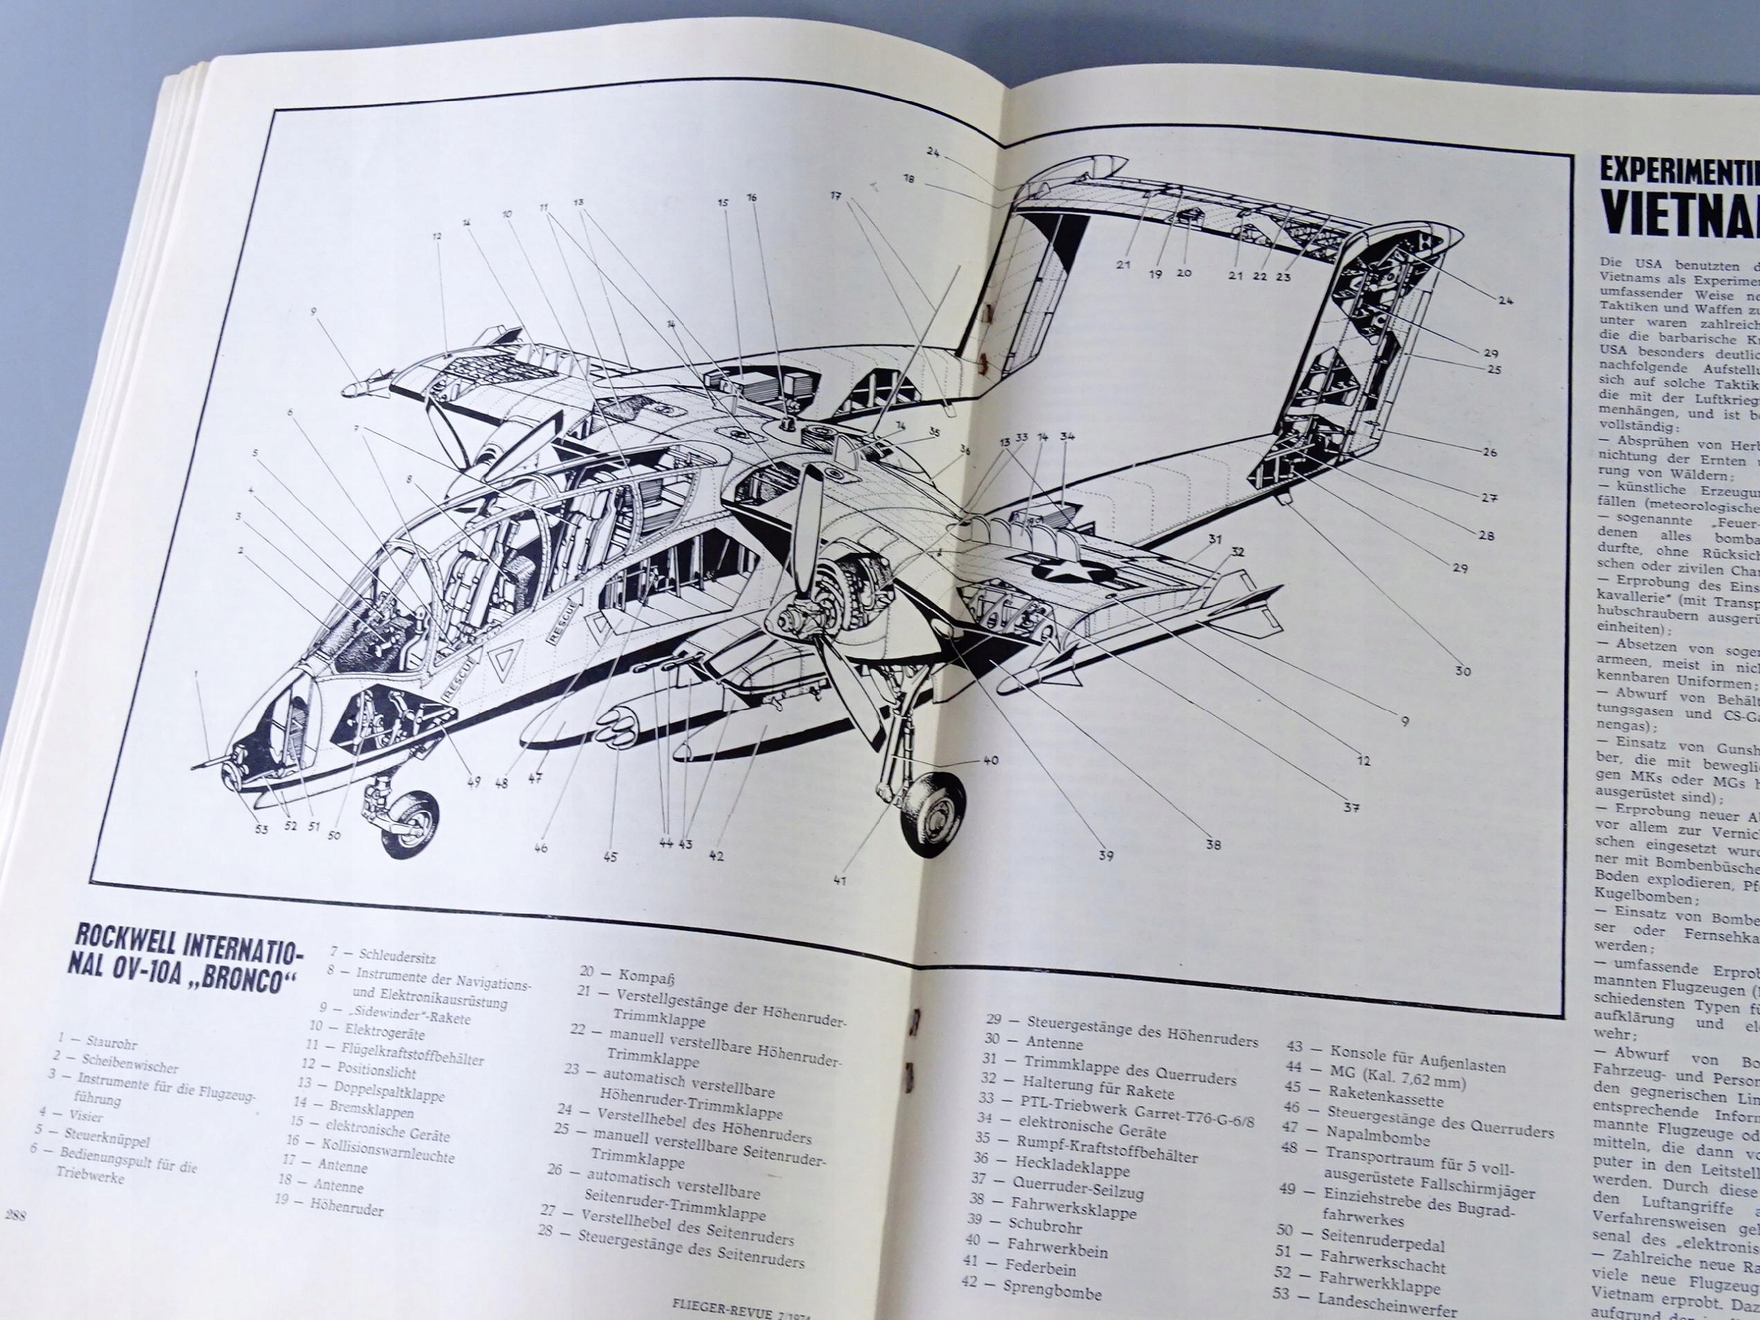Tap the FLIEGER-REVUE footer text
(719, 1310)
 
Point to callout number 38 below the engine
(1212, 845)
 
